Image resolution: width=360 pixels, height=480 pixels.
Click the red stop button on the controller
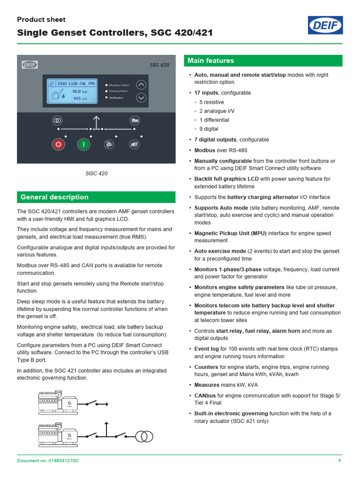(x=58, y=144)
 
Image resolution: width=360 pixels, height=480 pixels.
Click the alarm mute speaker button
(x=134, y=144)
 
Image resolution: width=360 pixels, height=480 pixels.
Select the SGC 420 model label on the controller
(x=159, y=65)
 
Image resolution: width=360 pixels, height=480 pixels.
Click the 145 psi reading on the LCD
(x=80, y=99)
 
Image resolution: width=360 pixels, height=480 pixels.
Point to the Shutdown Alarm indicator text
(x=119, y=85)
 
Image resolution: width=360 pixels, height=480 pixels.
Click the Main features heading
(x=210, y=61)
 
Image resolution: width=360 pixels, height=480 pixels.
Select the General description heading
(x=54, y=197)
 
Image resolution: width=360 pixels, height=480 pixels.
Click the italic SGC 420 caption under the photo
(x=96, y=173)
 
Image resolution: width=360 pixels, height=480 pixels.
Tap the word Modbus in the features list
(x=204, y=150)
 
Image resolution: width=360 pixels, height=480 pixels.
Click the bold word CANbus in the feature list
(x=205, y=396)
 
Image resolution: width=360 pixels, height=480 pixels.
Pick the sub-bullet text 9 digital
(x=209, y=129)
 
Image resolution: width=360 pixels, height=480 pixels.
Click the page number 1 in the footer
(x=339, y=461)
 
